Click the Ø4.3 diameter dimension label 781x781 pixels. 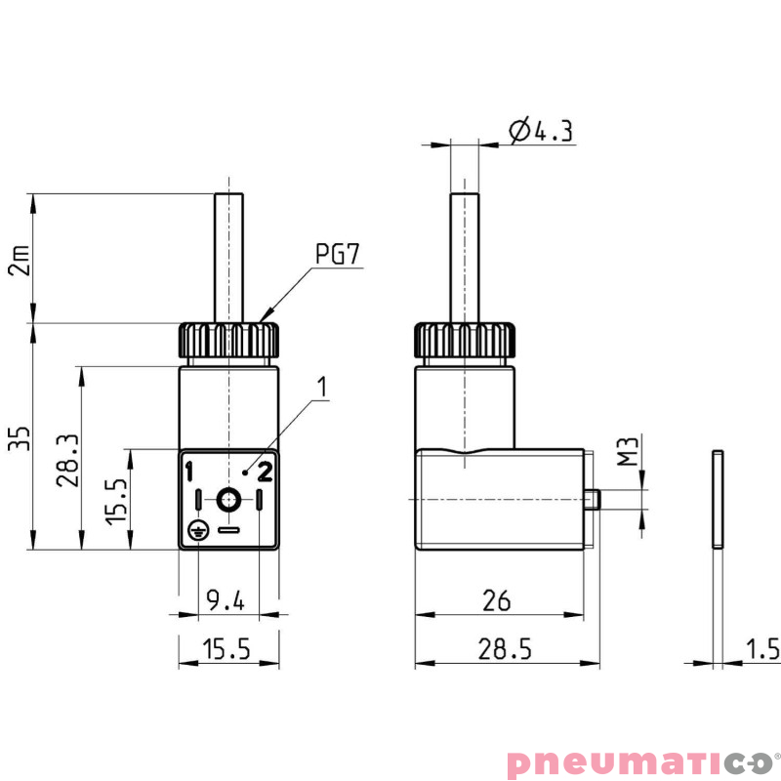(540, 131)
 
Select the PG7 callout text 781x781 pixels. (339, 255)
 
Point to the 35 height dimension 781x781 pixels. (19, 436)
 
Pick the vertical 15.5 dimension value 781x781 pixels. (116, 500)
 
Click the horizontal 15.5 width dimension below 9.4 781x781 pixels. (226, 649)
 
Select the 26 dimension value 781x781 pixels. (497, 600)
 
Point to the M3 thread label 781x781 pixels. (630, 452)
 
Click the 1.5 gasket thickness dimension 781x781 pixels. (762, 649)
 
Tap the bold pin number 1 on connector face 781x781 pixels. (191, 473)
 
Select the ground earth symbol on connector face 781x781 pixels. (197, 531)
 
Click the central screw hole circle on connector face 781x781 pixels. (228, 501)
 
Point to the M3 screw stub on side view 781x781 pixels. (593, 499)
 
